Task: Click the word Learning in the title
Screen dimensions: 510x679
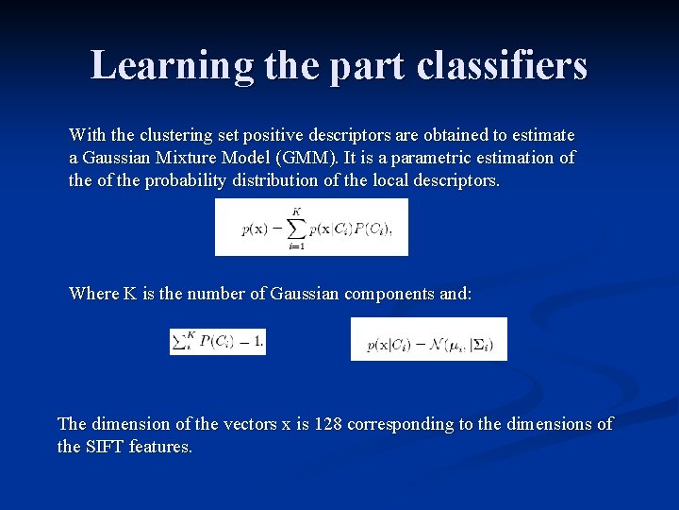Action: [172, 66]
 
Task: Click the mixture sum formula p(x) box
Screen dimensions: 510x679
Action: [311, 227]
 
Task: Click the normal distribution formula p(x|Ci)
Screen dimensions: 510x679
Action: [428, 339]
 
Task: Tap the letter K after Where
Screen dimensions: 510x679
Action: [129, 294]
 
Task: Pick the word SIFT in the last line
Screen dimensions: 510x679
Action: [103, 447]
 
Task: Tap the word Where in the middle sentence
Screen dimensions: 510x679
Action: [93, 294]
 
